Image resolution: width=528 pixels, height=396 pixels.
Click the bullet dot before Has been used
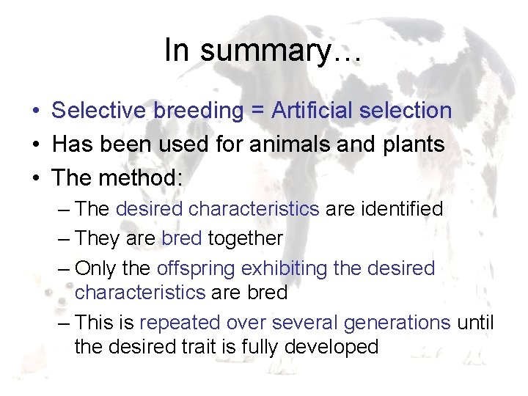pos(35,145)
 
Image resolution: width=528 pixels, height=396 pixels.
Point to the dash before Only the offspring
pos(64,268)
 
